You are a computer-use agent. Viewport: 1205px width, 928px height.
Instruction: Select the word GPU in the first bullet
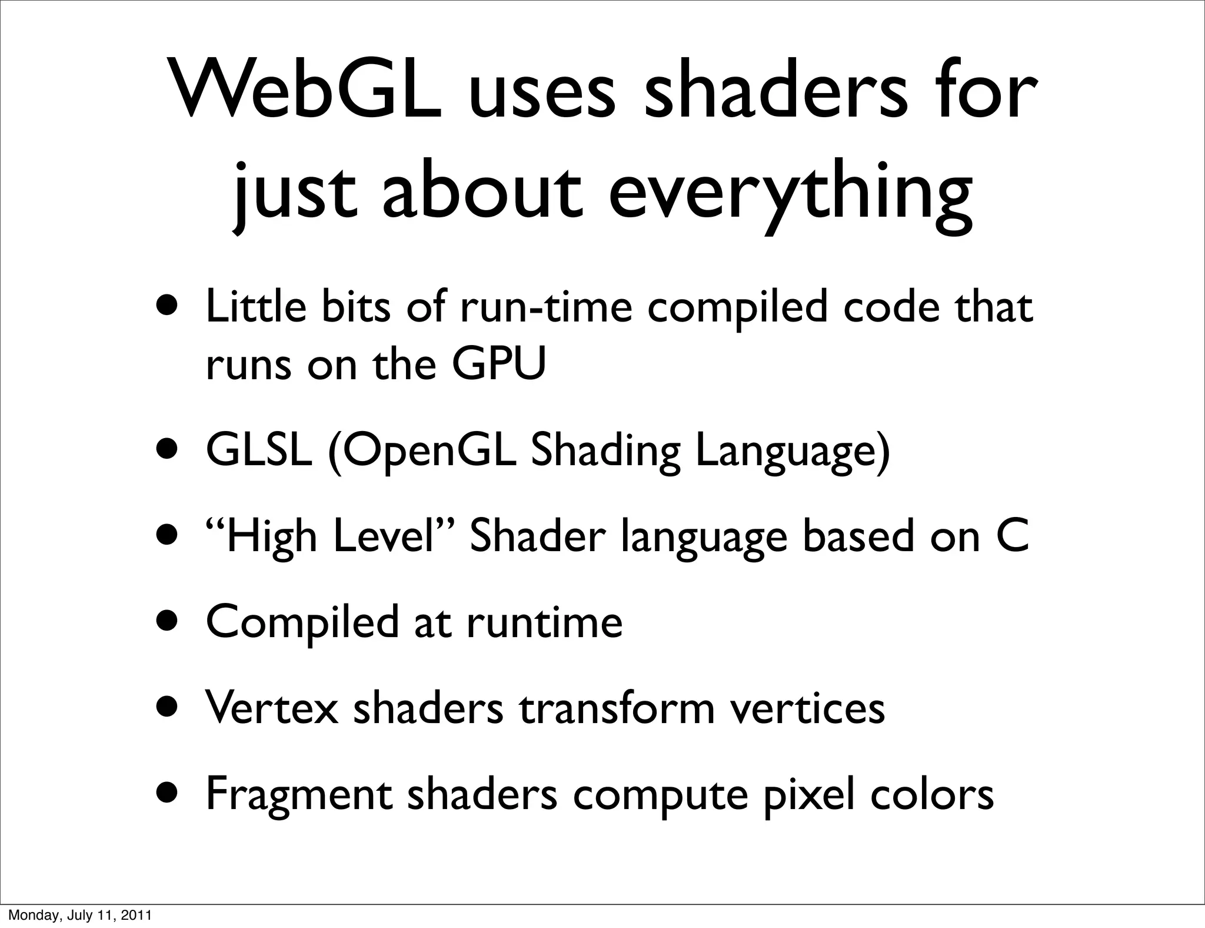pyautogui.click(x=499, y=364)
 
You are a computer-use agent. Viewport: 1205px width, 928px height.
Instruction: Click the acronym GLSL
pyautogui.click(x=259, y=450)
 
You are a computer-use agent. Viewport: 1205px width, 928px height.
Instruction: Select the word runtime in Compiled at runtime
pyautogui.click(x=544, y=622)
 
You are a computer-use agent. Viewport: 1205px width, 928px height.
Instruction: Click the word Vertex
pyautogui.click(x=272, y=708)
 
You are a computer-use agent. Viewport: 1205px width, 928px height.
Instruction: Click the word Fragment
pyautogui.click(x=299, y=795)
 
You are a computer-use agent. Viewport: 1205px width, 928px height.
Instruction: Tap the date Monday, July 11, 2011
pyautogui.click(x=79, y=915)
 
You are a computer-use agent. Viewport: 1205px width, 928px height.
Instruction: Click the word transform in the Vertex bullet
pyautogui.click(x=617, y=708)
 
